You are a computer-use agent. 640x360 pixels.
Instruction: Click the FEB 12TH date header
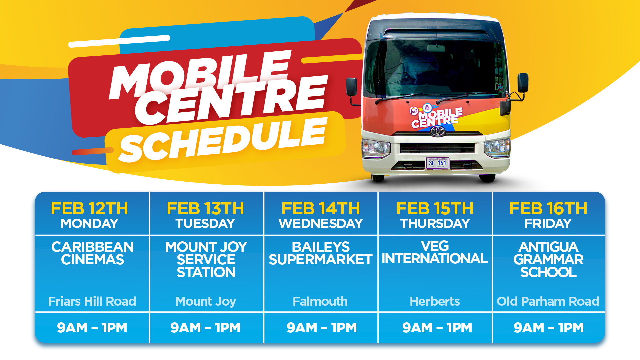coord(89,209)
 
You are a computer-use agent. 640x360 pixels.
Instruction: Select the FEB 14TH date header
coord(321,209)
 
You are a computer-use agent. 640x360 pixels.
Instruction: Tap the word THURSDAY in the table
coord(435,223)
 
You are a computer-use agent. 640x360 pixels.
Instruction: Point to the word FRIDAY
coord(548,223)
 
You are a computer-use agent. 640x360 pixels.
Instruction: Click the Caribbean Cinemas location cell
coord(92,253)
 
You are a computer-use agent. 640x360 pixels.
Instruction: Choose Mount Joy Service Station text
coord(206,260)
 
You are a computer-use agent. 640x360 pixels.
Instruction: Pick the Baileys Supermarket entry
coord(320,253)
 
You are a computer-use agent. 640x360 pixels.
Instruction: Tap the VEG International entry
coord(435,252)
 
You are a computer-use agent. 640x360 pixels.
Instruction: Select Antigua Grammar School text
coord(548,260)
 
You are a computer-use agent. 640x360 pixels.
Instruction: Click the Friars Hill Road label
coord(92,301)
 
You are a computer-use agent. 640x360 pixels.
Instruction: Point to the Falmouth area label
coord(320,301)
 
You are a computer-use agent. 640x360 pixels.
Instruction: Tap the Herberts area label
coord(435,301)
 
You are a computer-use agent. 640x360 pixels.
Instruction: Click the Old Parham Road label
coord(548,301)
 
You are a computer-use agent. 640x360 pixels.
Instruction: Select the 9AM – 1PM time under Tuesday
coord(205,328)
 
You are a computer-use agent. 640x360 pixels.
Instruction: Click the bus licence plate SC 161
coord(438,163)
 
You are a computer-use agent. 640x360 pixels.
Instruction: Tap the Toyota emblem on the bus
coord(437,131)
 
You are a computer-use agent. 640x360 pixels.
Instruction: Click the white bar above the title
coord(119,41)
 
